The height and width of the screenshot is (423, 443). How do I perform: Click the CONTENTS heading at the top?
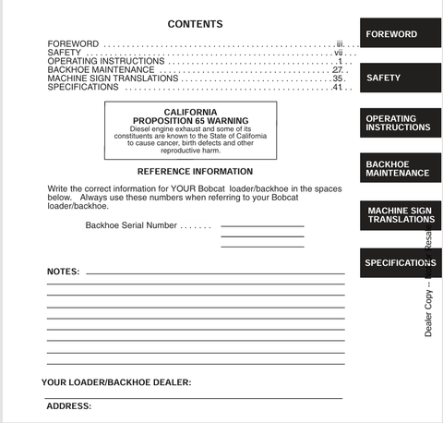(x=195, y=23)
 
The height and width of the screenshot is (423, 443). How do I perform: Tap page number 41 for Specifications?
(x=338, y=88)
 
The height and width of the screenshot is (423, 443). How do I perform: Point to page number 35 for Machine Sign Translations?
(x=338, y=79)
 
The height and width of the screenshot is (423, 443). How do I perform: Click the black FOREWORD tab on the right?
(x=391, y=34)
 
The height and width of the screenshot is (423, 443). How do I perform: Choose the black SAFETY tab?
(x=384, y=79)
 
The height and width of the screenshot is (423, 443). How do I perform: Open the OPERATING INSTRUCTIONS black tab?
(x=391, y=123)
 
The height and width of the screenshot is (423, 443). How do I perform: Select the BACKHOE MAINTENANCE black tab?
(x=398, y=168)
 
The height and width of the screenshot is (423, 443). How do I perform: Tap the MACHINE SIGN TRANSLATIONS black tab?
(x=401, y=215)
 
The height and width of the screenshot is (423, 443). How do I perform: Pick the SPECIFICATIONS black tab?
(x=400, y=262)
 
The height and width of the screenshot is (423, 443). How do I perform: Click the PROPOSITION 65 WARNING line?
(x=191, y=120)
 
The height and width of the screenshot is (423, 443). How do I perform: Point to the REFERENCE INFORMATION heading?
(x=195, y=171)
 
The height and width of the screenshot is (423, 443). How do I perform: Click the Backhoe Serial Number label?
(x=131, y=225)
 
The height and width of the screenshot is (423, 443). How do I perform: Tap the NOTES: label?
(x=63, y=272)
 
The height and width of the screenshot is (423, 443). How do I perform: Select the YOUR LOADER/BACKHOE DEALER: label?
(x=116, y=382)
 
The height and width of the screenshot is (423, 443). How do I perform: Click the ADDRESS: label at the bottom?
(x=68, y=405)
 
